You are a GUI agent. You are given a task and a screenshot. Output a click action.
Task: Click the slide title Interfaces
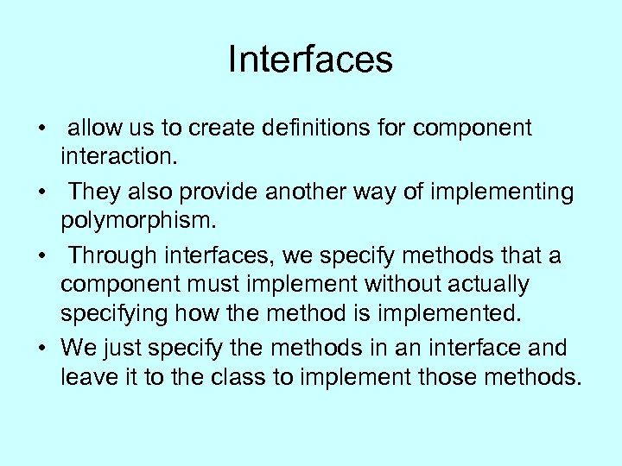(310, 60)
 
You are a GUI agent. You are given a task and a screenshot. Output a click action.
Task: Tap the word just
(124, 348)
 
